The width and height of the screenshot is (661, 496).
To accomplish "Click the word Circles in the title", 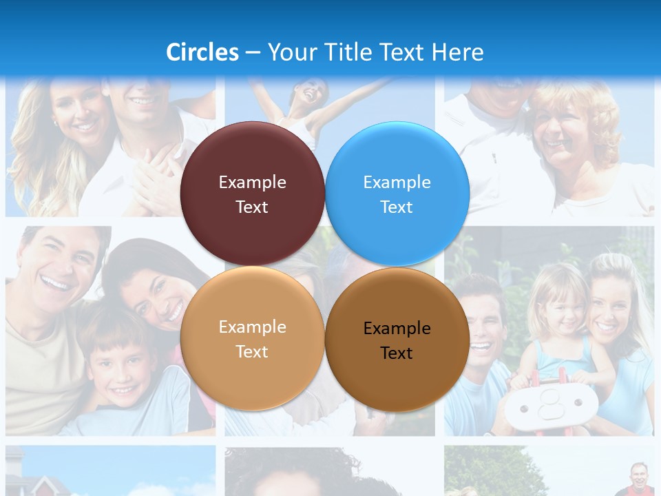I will (202, 52).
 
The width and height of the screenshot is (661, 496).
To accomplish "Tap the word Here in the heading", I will (458, 52).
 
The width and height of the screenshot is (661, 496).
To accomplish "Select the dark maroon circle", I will (252, 194).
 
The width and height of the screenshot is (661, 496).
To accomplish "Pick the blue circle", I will (397, 194).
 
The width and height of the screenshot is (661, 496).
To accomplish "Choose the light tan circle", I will (252, 338).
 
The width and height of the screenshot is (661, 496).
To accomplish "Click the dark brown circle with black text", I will (397, 340).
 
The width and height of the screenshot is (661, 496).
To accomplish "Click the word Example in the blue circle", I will (397, 182).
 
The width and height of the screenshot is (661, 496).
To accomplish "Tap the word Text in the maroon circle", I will (252, 207).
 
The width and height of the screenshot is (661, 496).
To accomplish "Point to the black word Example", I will (397, 328).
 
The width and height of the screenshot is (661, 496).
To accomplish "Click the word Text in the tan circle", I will (252, 351).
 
